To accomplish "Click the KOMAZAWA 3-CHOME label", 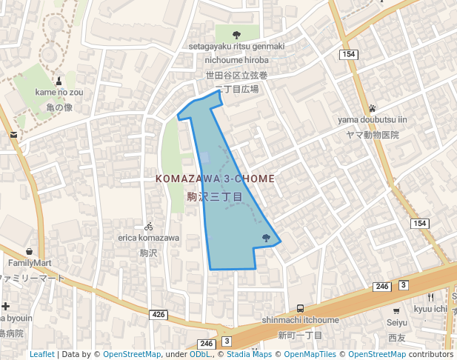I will point(215,179).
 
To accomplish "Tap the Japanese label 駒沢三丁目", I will point(215,197).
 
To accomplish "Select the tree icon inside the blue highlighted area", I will point(266,238).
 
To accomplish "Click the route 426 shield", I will point(159,315).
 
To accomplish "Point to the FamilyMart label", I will point(30,263).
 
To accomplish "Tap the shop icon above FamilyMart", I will point(29,251).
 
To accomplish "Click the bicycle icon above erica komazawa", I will point(149,226).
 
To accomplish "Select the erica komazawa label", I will point(149,239).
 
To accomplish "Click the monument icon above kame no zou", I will point(59,80).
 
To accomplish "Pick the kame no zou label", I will point(59,93).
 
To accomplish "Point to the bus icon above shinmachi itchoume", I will point(300,308).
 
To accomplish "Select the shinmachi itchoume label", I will point(300,320).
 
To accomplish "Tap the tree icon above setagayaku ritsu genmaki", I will point(236,34).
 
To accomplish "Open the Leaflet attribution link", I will point(42,355).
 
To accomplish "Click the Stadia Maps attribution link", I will point(249,355).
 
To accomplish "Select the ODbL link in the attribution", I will point(199,355).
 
